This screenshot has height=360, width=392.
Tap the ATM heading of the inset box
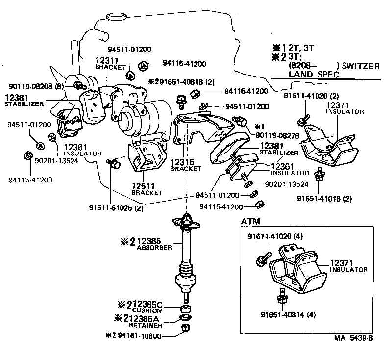click(x=250, y=222)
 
